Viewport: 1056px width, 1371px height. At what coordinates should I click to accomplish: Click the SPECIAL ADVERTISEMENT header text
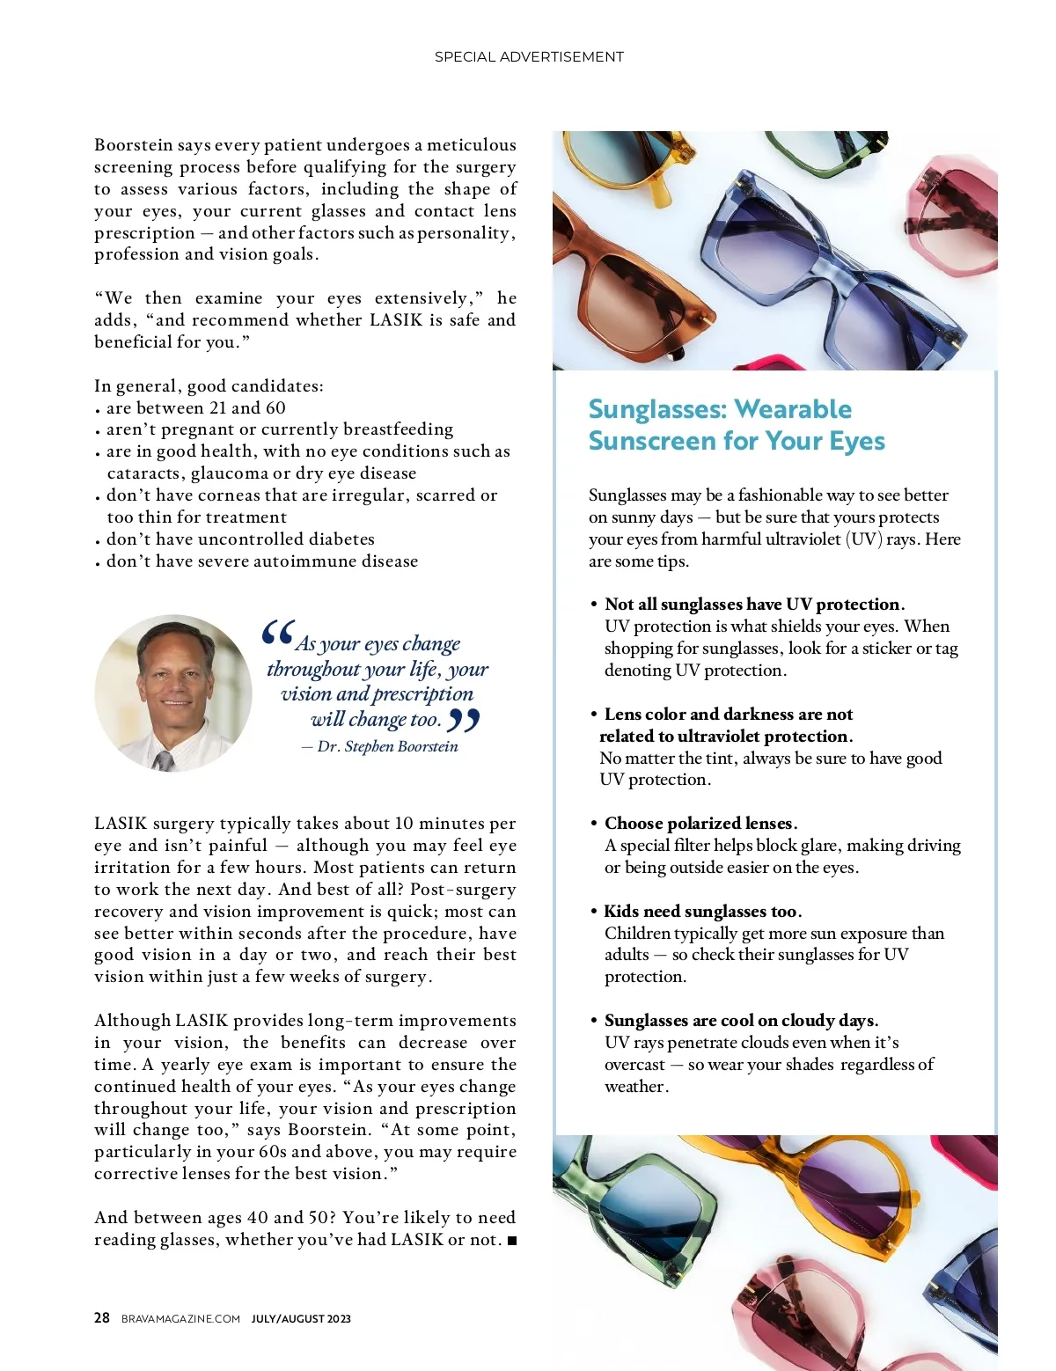529,57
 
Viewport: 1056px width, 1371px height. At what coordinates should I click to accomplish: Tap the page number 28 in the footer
102,1317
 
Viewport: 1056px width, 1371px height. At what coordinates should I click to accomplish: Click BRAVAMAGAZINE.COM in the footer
180,1318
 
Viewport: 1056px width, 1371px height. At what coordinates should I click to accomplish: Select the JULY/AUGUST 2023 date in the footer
301,1318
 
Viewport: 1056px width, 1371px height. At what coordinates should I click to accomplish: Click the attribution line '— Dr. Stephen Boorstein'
380,747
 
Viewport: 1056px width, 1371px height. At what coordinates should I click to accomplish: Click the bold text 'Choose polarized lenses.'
700,824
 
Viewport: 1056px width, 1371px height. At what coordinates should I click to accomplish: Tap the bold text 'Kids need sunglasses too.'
702,911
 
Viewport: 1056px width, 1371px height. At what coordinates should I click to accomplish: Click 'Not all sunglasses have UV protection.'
754,605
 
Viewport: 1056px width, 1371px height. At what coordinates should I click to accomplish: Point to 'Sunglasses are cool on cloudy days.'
741,1021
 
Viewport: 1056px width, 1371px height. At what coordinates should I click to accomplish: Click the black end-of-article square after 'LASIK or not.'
512,1241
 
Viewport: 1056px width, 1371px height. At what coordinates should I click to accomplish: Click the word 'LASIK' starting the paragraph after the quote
121,824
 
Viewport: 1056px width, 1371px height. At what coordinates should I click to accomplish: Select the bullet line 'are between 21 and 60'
195,408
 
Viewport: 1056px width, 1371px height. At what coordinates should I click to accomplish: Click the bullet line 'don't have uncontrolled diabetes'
240,539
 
